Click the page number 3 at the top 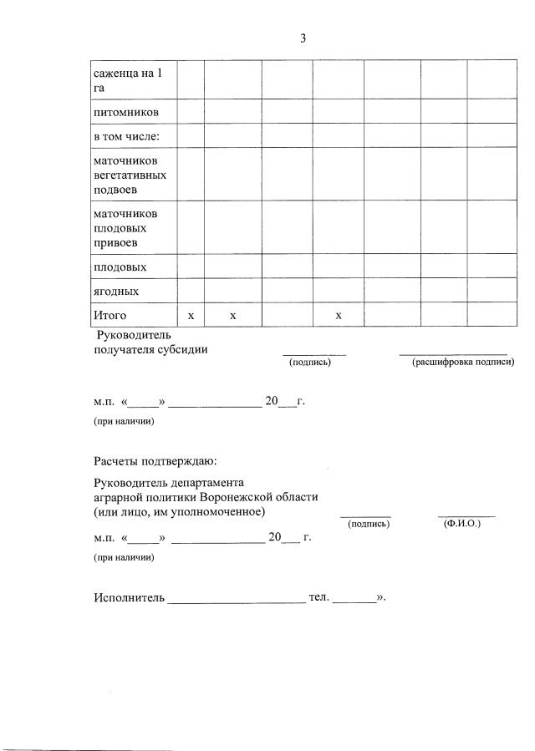pyautogui.click(x=303, y=38)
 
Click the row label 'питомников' pyautogui.click(x=125, y=111)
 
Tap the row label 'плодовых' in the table pyautogui.click(x=120, y=267)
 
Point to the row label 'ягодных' pyautogui.click(x=116, y=292)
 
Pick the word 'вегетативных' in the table pyautogui.click(x=130, y=175)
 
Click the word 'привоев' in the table pyautogui.click(x=115, y=243)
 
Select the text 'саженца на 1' pyautogui.click(x=128, y=73)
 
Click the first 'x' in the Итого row pyautogui.click(x=191, y=316)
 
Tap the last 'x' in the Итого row pyautogui.click(x=338, y=316)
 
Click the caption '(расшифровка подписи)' pyautogui.click(x=463, y=362)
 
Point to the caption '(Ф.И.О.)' pyautogui.click(x=462, y=523)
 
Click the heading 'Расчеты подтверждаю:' pyautogui.click(x=155, y=460)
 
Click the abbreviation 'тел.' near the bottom pyautogui.click(x=319, y=598)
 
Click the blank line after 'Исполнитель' pyautogui.click(x=237, y=600)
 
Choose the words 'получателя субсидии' pyautogui.click(x=150, y=349)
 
